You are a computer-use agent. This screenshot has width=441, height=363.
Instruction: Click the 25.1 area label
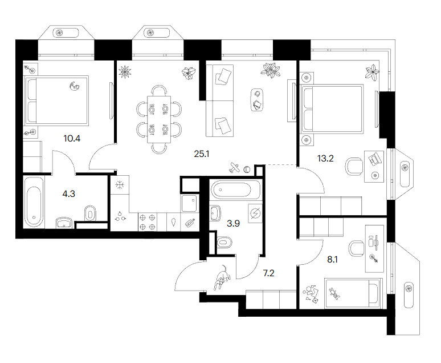click(202, 154)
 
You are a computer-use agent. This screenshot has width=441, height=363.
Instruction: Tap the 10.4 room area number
click(72, 138)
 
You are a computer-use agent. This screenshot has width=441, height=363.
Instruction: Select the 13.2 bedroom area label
click(325, 159)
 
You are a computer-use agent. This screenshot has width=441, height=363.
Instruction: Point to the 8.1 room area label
click(332, 259)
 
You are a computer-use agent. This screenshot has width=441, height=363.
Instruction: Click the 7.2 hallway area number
click(268, 273)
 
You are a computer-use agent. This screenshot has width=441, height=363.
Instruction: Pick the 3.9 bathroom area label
click(233, 224)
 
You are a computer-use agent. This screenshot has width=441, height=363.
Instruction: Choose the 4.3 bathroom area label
click(68, 194)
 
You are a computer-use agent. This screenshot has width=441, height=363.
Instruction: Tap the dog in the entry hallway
click(222, 277)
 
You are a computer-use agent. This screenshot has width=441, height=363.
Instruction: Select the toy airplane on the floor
click(234, 168)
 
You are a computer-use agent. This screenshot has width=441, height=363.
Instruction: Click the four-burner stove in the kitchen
click(148, 222)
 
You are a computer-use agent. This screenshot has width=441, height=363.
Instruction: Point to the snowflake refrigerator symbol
click(120, 185)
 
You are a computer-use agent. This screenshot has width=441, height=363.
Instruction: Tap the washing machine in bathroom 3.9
click(255, 213)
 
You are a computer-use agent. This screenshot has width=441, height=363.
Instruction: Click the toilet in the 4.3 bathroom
click(90, 213)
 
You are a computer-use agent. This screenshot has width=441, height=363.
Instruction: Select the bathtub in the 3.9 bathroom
click(231, 190)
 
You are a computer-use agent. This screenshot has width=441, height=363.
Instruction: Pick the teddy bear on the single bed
click(334, 293)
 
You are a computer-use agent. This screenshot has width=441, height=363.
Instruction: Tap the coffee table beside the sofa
click(256, 100)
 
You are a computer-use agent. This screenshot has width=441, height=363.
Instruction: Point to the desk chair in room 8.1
click(356, 249)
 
